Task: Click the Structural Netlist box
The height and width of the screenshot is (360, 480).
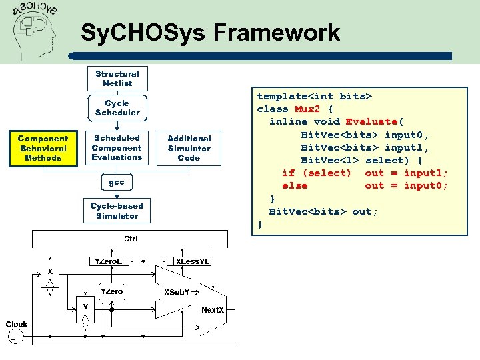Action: pyautogui.click(x=117, y=79)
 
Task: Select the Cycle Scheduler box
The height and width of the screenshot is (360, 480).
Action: pyautogui.click(x=117, y=108)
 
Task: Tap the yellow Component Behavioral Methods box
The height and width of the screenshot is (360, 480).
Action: pyautogui.click(x=43, y=148)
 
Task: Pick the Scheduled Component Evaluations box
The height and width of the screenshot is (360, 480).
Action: pyautogui.click(x=117, y=147)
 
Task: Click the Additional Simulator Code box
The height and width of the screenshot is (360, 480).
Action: pyautogui.click(x=189, y=148)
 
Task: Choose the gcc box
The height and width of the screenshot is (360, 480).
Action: pyautogui.click(x=117, y=182)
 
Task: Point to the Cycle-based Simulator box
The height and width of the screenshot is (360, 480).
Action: pyautogui.click(x=117, y=211)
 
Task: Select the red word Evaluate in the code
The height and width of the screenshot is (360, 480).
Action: pyautogui.click(x=371, y=121)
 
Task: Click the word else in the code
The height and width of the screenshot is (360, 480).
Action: pyautogui.click(x=295, y=185)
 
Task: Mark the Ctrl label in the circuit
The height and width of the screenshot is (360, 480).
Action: pyautogui.click(x=131, y=239)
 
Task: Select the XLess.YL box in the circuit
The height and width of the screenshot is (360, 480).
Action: pyautogui.click(x=193, y=261)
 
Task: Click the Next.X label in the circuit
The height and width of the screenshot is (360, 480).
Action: pyautogui.click(x=213, y=310)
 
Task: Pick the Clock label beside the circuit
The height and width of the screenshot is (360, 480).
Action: pyautogui.click(x=17, y=325)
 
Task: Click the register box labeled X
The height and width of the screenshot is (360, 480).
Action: pyautogui.click(x=49, y=272)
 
